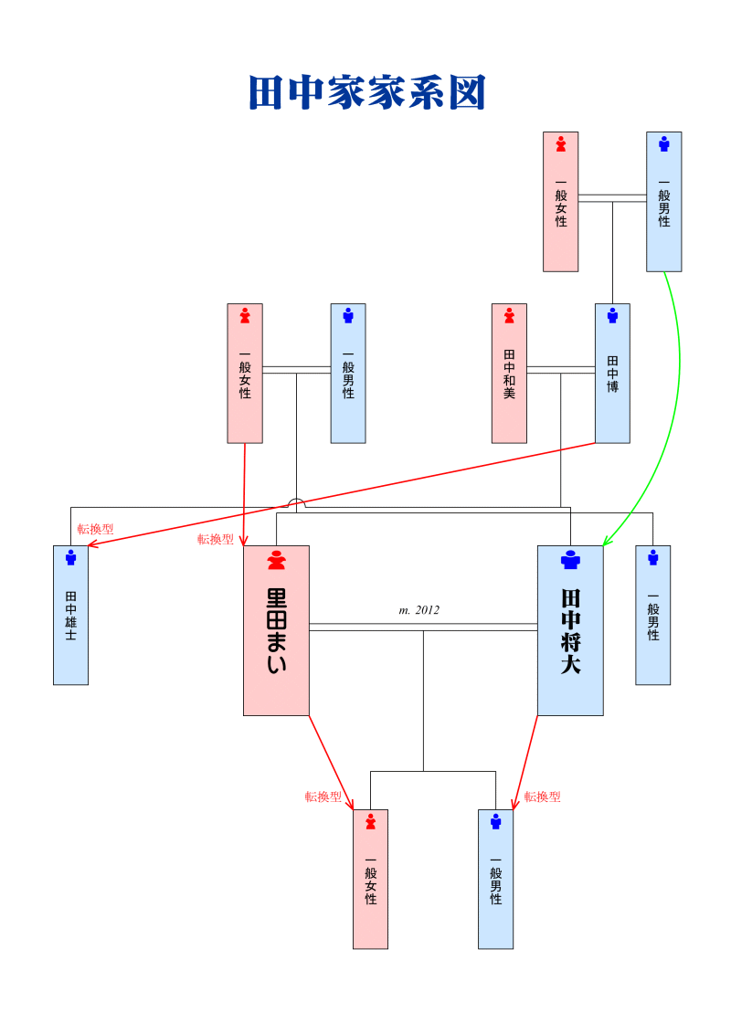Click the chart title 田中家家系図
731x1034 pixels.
[x=366, y=93]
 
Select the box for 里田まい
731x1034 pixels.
[x=276, y=630]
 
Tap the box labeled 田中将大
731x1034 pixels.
[x=570, y=630]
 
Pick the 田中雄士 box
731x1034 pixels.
[x=70, y=615]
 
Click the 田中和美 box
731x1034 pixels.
[x=509, y=373]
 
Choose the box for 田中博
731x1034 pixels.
[x=612, y=373]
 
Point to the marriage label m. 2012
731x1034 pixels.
[x=419, y=610]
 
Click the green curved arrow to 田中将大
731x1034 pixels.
[x=677, y=393]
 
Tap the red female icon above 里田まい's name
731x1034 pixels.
[x=276, y=559]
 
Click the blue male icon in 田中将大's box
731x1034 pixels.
[x=570, y=559]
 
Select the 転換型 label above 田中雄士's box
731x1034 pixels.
[x=95, y=529]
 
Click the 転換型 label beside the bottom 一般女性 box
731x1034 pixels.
[x=323, y=797]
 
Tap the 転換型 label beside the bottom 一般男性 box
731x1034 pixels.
[x=542, y=797]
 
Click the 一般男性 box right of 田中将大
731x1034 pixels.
[x=652, y=615]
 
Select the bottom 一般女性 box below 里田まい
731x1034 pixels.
[x=370, y=879]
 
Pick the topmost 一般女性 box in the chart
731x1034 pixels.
[x=560, y=201]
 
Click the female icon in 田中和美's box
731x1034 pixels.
[x=509, y=315]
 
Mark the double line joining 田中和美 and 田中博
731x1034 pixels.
[x=560, y=369]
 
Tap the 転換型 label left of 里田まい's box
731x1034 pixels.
[x=216, y=539]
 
